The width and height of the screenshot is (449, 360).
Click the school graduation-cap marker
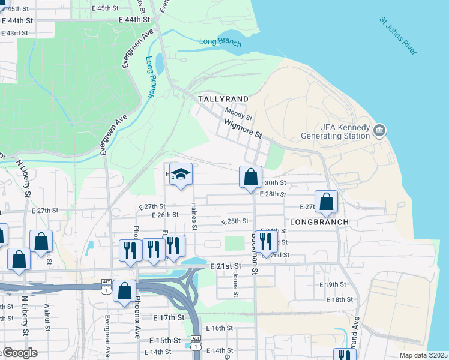click(181, 175)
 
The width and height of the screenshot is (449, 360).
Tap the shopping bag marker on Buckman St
click(251, 178)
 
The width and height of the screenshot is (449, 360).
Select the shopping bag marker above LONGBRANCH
click(326, 202)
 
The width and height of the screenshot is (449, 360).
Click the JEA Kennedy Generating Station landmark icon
click(379, 130)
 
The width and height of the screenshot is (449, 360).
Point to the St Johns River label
click(397, 36)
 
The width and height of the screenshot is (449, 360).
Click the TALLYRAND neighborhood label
click(223, 98)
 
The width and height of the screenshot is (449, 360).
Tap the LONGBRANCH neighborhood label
click(319, 222)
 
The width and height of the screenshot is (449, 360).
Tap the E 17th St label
click(168, 317)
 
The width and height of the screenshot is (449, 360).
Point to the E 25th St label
click(235, 221)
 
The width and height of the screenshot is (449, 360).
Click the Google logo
click(19, 353)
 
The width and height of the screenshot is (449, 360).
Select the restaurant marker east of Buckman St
click(266, 241)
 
